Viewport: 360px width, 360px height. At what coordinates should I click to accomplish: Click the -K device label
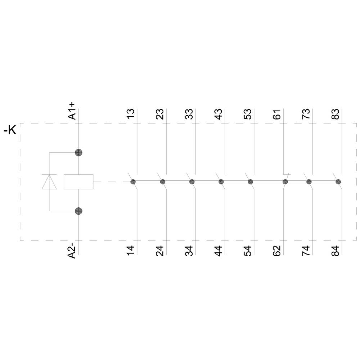pos(10,130)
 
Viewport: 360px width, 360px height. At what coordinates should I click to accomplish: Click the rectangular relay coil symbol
pos(78,182)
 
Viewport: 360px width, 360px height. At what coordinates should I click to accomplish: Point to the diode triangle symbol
pos(49,182)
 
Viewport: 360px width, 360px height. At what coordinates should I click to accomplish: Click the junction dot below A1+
pos(78,152)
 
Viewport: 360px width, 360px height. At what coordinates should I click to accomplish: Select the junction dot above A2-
pos(78,211)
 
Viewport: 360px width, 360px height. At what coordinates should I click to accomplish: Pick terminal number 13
pos(131,114)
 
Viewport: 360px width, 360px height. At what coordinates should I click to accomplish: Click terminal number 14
pos(131,250)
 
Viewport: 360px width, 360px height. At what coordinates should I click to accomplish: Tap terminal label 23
pos(160,114)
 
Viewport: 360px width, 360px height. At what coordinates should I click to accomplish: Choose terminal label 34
pos(189,250)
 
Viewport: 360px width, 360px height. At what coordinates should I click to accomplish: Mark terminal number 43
pos(219,114)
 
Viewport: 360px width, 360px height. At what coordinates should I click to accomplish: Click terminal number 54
pos(248,250)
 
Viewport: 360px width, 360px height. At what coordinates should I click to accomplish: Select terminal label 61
pos(277,114)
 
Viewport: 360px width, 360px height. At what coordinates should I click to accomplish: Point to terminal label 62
pos(277,250)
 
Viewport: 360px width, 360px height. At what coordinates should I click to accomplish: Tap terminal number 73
pos(306,114)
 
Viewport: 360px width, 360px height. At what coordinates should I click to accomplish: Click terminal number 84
pos(336,250)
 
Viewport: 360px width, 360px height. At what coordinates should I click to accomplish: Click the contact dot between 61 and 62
pos(285,182)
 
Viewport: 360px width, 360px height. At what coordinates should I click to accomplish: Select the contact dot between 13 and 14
pos(133,182)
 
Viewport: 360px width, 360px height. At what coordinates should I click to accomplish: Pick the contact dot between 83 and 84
pos(338,182)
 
